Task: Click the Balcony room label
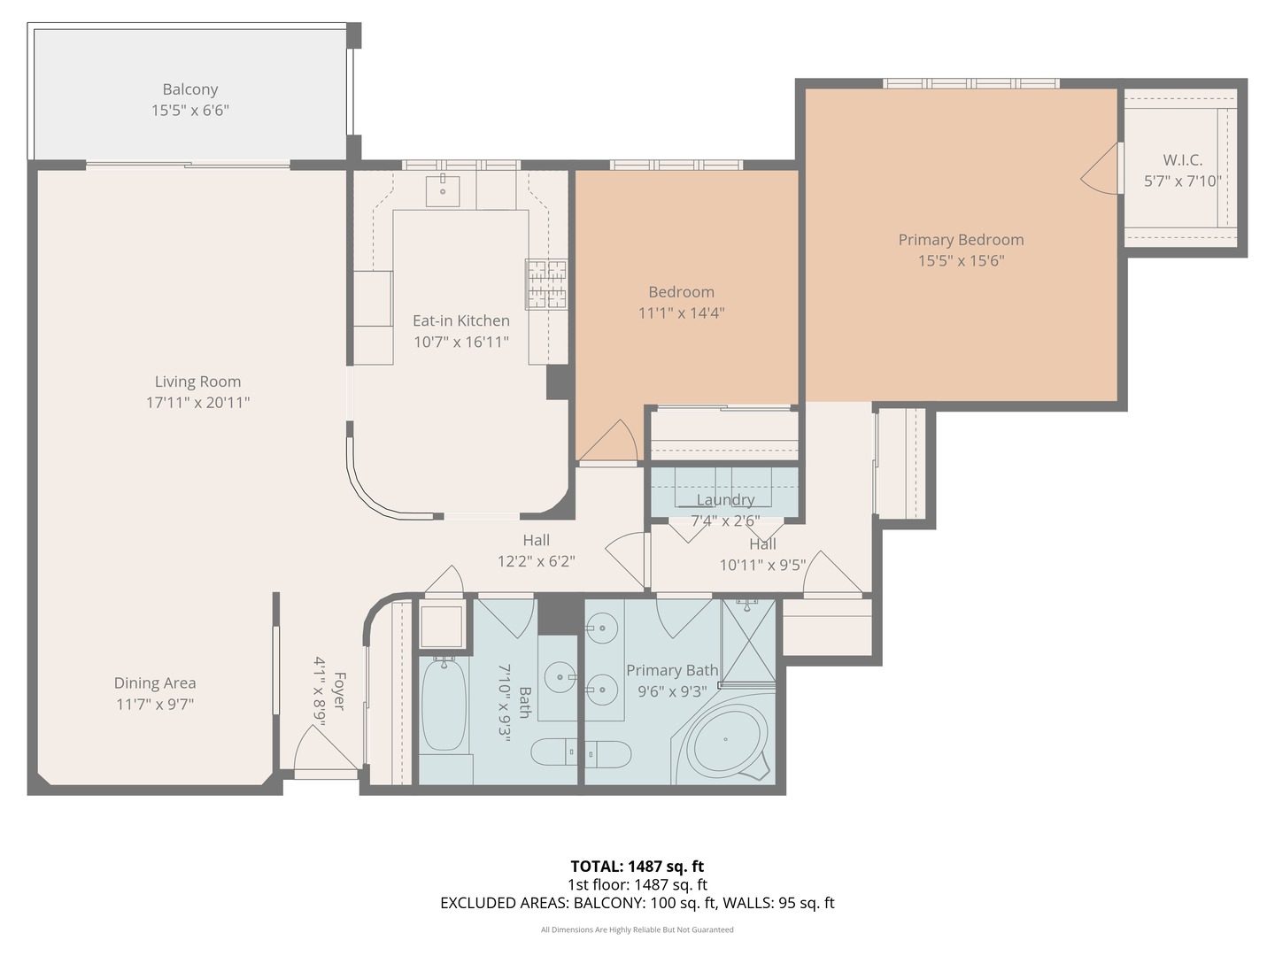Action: pyautogui.click(x=189, y=89)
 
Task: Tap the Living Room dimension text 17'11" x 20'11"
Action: pyautogui.click(x=197, y=403)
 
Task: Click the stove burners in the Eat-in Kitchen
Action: pyautogui.click(x=546, y=284)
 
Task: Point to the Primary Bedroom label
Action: pyautogui.click(x=961, y=240)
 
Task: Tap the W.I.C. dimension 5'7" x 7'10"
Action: pyautogui.click(x=1182, y=181)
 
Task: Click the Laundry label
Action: pyautogui.click(x=725, y=500)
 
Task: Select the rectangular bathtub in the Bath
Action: pyautogui.click(x=444, y=705)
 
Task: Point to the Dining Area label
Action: pyautogui.click(x=155, y=683)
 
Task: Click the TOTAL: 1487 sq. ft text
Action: pyautogui.click(x=637, y=867)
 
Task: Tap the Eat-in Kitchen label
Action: pyautogui.click(x=460, y=321)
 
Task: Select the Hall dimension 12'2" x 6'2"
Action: pyautogui.click(x=536, y=561)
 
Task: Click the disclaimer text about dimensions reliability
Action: pyautogui.click(x=637, y=929)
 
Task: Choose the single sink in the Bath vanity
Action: pyautogui.click(x=560, y=678)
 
